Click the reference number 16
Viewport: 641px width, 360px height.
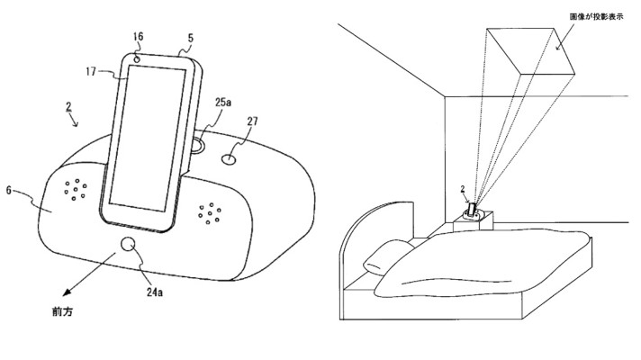click(x=138, y=37)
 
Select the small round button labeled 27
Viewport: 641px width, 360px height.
click(x=229, y=157)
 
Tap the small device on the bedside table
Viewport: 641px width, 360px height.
click(x=471, y=213)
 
